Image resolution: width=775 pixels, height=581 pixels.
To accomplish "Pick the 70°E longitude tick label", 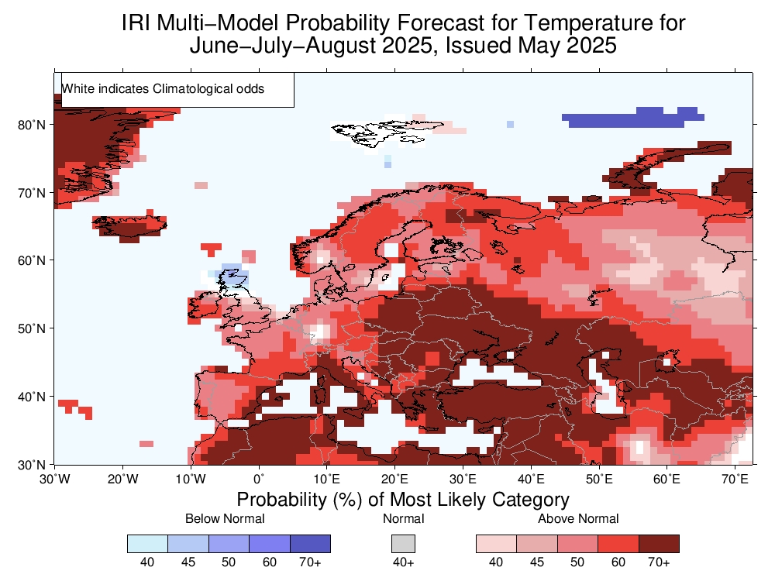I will click(x=735, y=479).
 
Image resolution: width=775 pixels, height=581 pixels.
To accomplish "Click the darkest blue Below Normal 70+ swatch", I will click(x=310, y=543).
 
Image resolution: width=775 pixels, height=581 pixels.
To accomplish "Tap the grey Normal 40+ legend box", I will click(x=403, y=543).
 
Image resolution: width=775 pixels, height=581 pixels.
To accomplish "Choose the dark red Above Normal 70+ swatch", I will click(x=659, y=543).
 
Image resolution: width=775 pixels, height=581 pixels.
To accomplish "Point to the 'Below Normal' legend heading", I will click(x=225, y=518).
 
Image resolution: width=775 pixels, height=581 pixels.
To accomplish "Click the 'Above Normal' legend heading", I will click(x=578, y=518).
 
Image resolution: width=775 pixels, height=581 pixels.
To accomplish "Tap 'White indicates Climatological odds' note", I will click(x=163, y=89).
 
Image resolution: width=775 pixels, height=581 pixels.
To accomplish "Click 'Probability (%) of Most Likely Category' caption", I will click(x=403, y=499).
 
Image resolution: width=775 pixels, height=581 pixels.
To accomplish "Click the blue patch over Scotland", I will click(x=232, y=275).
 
